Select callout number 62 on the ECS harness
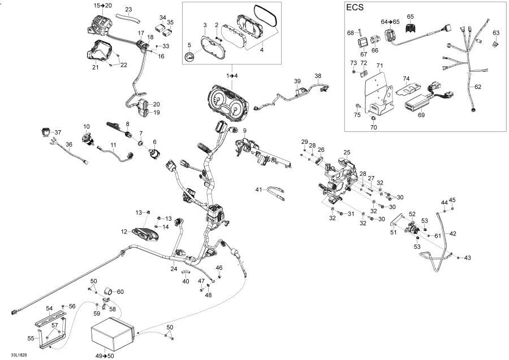478,87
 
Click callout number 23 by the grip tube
128,10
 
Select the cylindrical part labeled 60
107,292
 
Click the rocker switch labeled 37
45,132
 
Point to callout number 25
347,152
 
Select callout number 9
245,131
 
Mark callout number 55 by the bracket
31,338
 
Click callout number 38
318,76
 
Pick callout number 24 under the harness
174,268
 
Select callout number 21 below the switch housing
96,67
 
